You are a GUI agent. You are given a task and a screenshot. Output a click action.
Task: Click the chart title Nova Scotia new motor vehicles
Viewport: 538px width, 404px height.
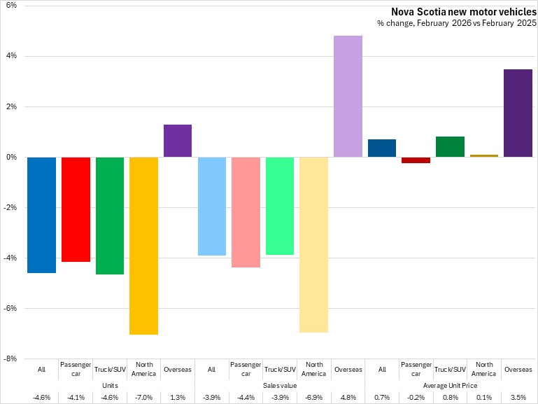point(463,11)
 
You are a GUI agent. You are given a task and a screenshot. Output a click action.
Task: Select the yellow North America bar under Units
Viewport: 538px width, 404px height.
point(143,245)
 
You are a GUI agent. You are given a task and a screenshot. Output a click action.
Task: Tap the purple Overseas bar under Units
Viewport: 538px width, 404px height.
point(178,141)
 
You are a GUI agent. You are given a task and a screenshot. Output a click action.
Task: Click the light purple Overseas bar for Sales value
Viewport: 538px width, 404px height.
point(348,97)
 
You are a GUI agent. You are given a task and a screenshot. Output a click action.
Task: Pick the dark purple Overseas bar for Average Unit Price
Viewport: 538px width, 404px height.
point(518,113)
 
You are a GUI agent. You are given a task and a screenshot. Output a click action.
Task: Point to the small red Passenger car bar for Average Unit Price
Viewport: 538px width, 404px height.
point(416,160)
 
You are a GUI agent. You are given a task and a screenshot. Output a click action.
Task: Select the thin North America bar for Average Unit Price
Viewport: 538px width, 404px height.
point(484,155)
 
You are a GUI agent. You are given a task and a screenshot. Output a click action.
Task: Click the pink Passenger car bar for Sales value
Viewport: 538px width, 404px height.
point(246,212)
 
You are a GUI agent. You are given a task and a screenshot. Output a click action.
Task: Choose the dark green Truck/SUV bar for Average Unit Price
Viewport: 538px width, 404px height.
point(450,147)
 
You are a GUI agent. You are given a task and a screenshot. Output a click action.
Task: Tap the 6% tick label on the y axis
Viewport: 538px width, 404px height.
point(12,6)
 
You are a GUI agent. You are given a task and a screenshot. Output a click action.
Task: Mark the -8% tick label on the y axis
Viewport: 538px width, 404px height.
point(10,359)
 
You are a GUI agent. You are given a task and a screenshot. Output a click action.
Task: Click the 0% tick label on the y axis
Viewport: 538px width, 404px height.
point(12,157)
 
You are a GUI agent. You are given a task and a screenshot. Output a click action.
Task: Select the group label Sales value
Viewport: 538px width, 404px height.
point(280,385)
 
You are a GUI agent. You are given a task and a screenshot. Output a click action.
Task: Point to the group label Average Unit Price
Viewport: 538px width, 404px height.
point(450,385)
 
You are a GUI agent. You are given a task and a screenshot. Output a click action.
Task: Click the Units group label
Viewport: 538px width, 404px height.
point(110,385)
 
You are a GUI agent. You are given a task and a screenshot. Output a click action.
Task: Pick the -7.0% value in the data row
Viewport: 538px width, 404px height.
point(143,397)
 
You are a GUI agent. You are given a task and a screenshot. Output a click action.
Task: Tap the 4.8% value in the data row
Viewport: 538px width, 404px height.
point(348,397)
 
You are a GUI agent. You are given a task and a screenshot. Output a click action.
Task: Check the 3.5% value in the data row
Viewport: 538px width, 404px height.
point(518,397)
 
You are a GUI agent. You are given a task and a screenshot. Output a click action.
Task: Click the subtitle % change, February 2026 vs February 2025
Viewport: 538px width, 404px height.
point(457,23)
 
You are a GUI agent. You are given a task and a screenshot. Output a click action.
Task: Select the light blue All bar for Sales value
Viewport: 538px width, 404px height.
point(211,206)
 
